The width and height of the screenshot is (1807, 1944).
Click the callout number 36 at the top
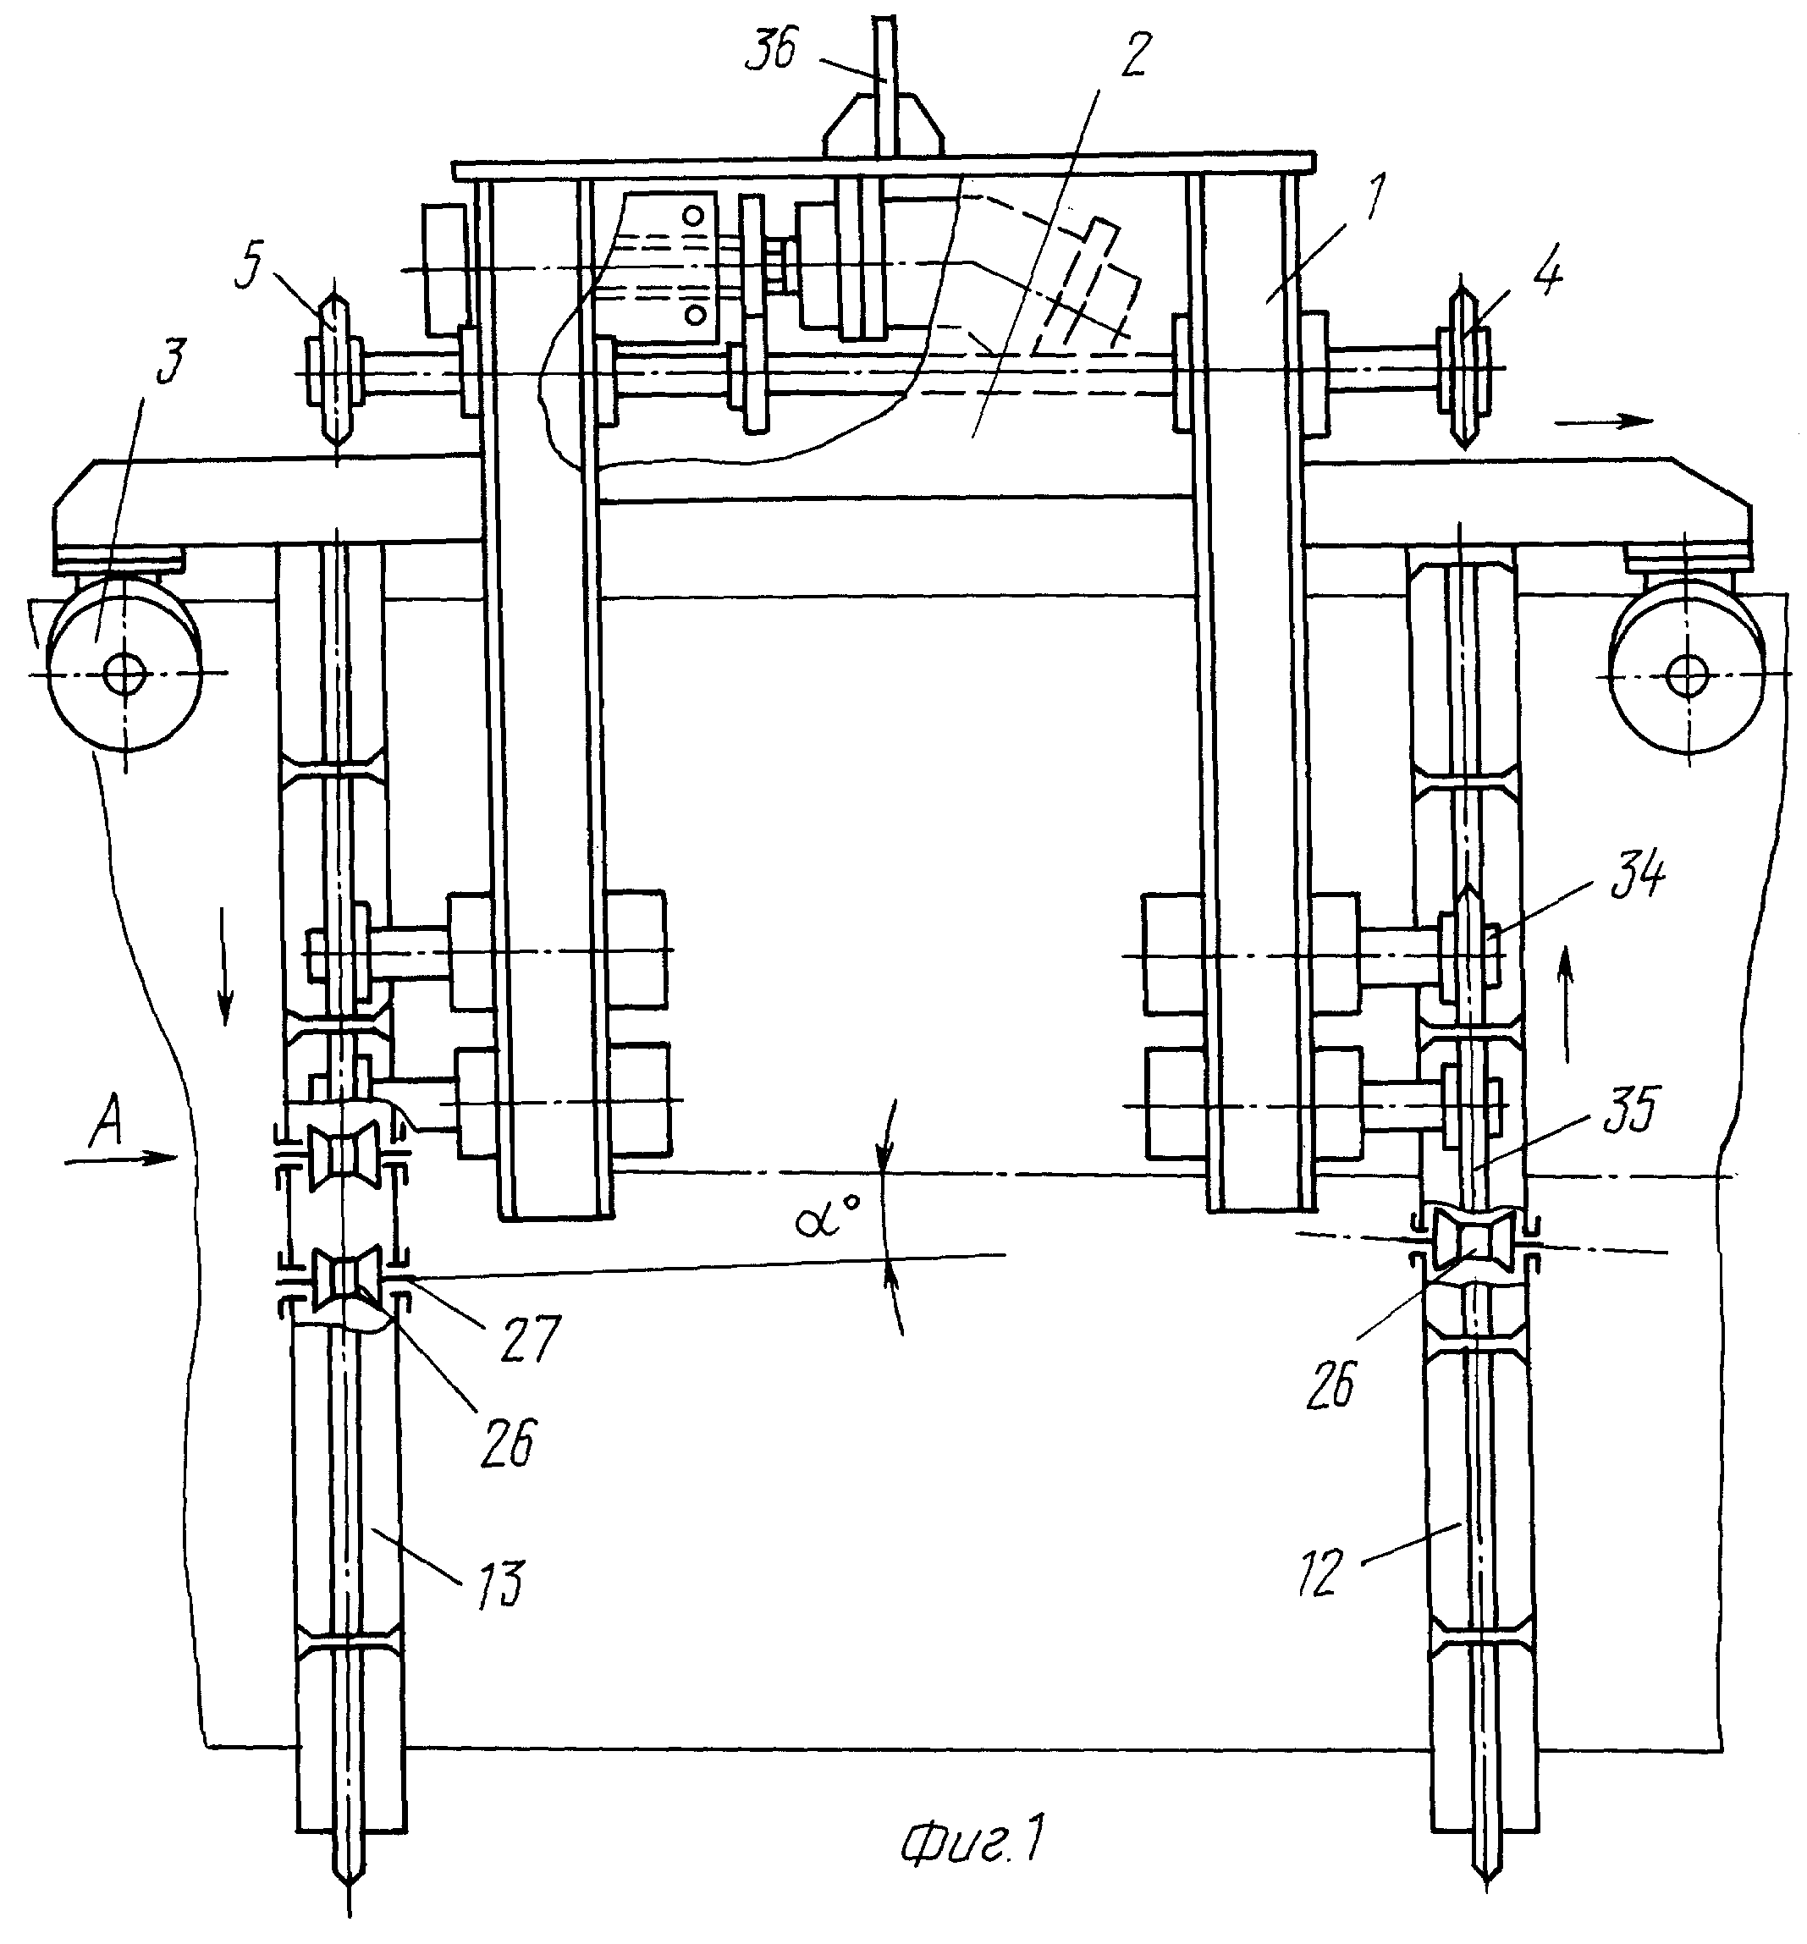772,49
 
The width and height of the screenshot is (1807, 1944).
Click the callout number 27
532,1339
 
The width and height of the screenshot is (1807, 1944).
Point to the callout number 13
501,1585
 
